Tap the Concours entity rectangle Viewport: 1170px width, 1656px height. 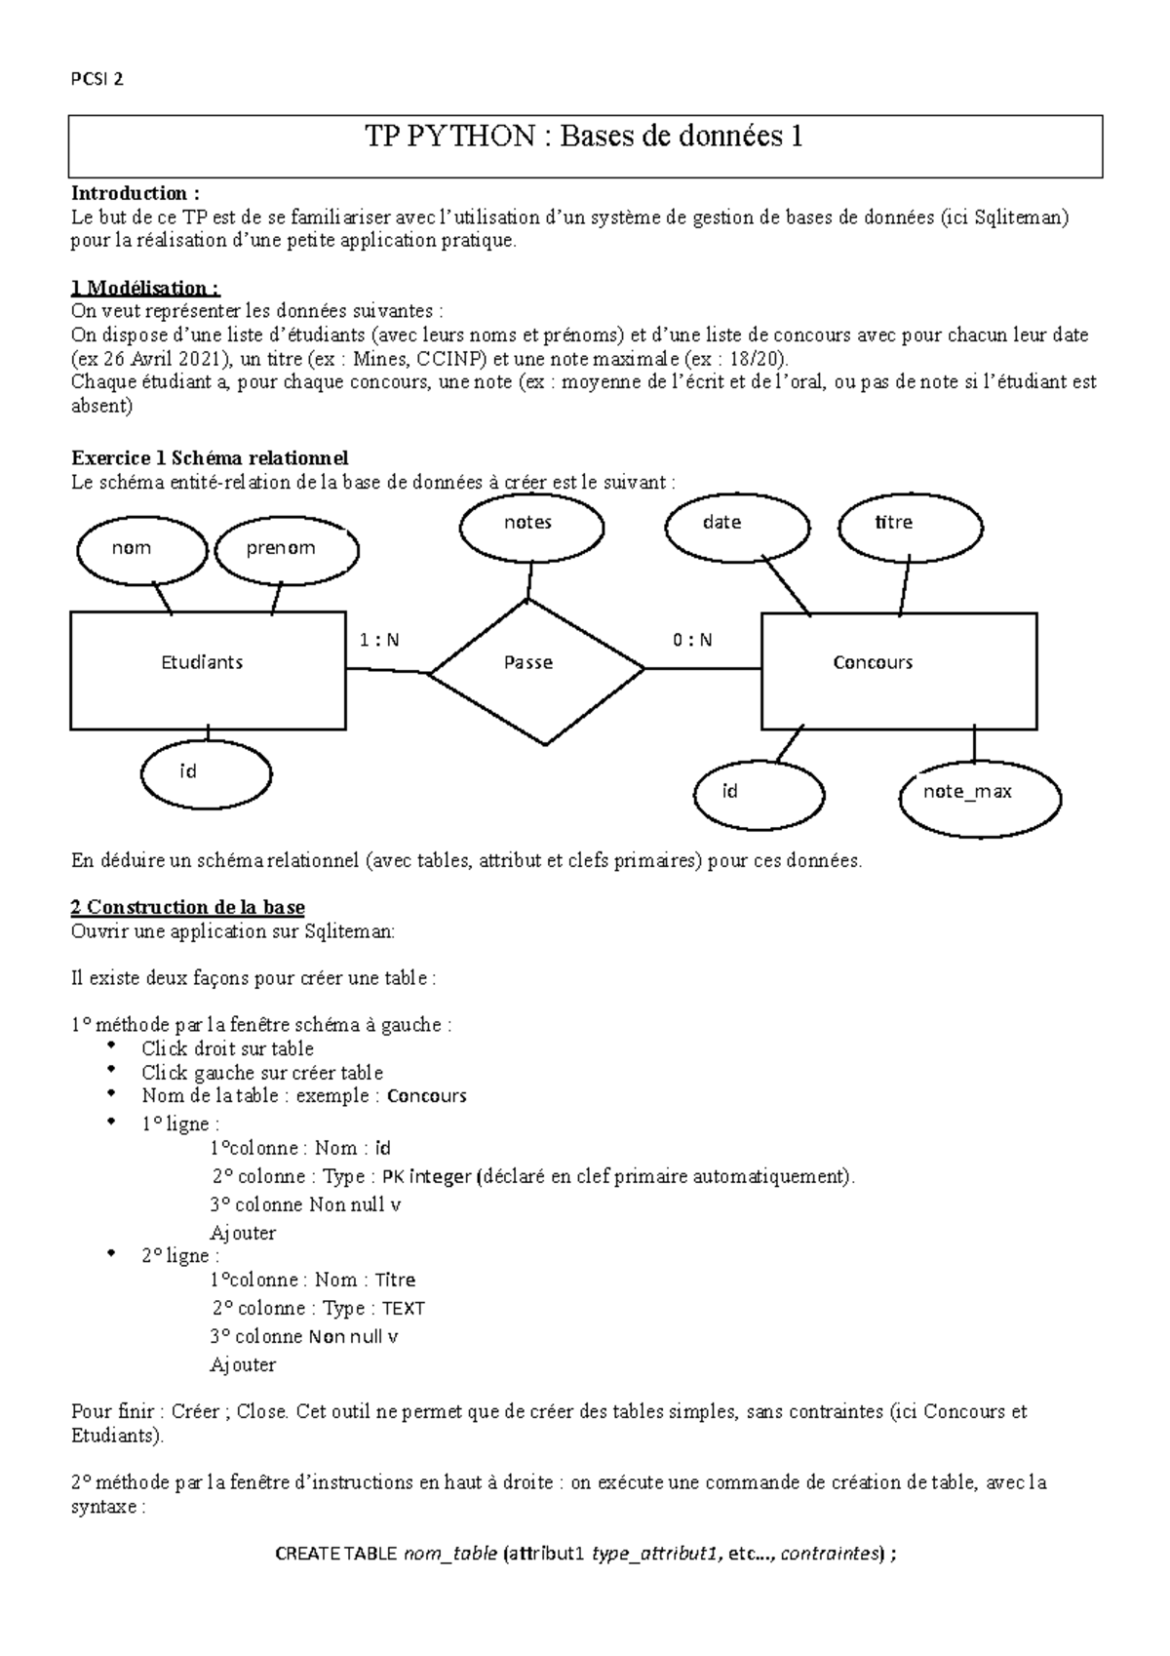pyautogui.click(x=898, y=670)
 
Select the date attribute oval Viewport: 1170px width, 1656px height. pyautogui.click(x=737, y=524)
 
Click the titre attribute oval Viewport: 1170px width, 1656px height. pyautogui.click(x=911, y=524)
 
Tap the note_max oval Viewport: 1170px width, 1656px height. pyautogui.click(x=978, y=793)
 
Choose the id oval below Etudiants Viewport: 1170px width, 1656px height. pyautogui.click(x=206, y=773)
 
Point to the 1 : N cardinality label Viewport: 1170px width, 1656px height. pyautogui.click(x=379, y=641)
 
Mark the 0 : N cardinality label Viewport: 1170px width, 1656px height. pyautogui.click(x=692, y=641)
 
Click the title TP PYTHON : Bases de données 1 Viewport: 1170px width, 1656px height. pyautogui.click(x=584, y=137)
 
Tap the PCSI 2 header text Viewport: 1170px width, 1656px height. pyautogui.click(x=97, y=80)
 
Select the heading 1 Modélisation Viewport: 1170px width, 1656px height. pyautogui.click(x=146, y=288)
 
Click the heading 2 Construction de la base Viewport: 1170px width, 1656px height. pyautogui.click(x=188, y=908)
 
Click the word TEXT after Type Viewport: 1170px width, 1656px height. pyautogui.click(x=403, y=1309)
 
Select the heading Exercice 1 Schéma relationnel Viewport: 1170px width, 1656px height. pyautogui.click(x=210, y=458)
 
